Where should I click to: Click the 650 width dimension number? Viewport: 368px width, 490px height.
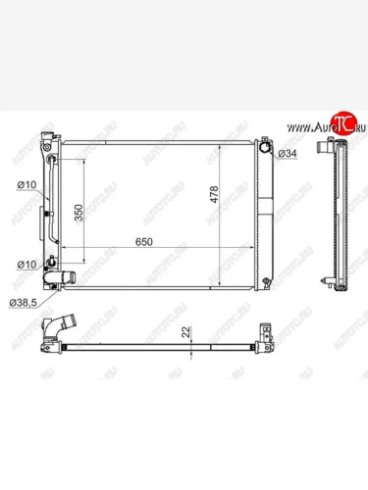click(144, 242)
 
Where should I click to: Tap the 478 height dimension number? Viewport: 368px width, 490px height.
click(214, 194)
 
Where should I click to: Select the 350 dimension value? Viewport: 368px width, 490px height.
click(79, 213)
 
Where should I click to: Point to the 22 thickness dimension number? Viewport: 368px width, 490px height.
click(185, 332)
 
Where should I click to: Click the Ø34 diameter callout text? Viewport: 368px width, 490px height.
click(288, 153)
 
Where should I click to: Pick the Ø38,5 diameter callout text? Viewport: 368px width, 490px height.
click(23, 303)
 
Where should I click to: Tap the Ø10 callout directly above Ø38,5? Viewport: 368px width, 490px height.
click(26, 265)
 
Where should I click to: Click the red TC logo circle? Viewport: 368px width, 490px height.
click(342, 123)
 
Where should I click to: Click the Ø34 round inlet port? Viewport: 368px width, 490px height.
click(265, 147)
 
